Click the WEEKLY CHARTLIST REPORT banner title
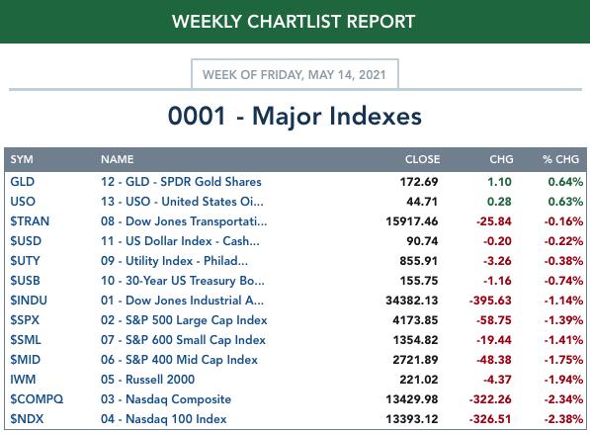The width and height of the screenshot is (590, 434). click(x=294, y=22)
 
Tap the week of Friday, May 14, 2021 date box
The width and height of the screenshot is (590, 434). click(x=295, y=74)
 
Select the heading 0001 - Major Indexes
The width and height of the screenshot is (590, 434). click(x=295, y=116)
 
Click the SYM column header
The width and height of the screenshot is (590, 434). click(x=22, y=159)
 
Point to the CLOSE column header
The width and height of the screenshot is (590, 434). click(x=422, y=159)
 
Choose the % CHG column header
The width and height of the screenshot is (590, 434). click(x=560, y=159)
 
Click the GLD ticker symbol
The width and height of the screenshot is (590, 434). click(x=23, y=182)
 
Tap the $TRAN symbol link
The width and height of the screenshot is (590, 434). click(x=30, y=220)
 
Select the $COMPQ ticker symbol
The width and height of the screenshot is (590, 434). click(x=37, y=399)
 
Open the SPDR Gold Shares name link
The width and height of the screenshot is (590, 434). click(x=211, y=182)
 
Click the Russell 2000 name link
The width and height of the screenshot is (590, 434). click(x=160, y=379)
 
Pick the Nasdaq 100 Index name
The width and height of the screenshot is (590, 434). click(x=176, y=418)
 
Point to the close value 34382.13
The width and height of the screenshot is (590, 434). click(x=412, y=301)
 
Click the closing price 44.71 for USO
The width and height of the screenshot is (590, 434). click(x=422, y=202)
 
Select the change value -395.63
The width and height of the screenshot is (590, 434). click(x=490, y=301)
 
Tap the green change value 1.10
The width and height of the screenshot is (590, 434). click(x=499, y=182)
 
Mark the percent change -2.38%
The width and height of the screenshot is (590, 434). click(x=563, y=418)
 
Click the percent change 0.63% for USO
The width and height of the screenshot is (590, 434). click(x=565, y=202)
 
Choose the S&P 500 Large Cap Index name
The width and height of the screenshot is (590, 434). click(x=197, y=320)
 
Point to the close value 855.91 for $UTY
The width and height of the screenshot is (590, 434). click(x=419, y=260)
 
